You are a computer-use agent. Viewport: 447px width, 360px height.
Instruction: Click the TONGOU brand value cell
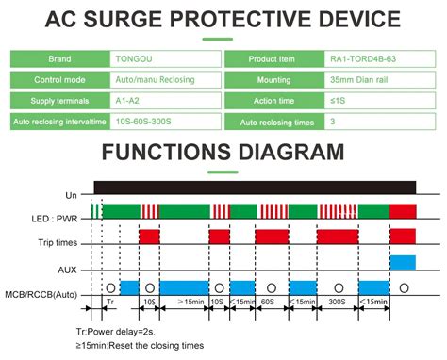(161, 57)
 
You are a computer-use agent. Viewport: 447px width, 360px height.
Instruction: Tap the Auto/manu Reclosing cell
(161, 78)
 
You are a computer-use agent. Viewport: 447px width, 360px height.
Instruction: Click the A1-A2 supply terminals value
(161, 101)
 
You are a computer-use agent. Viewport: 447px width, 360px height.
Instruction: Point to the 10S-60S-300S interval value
(161, 123)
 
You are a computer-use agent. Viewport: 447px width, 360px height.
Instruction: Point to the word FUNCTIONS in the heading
(179, 155)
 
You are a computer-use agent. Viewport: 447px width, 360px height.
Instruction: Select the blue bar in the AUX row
(403, 261)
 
